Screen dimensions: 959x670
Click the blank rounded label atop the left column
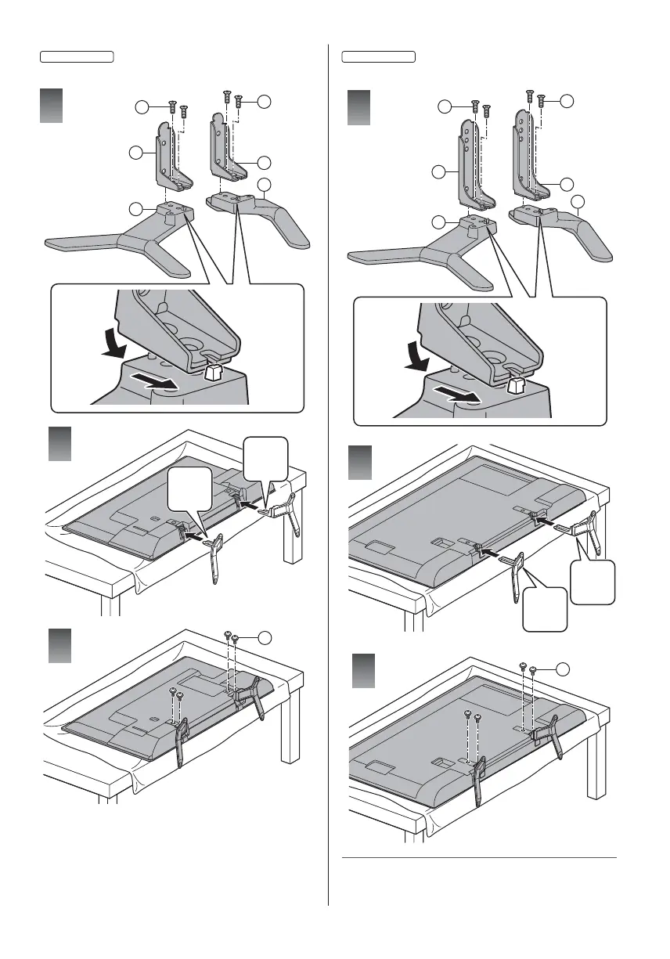[x=77, y=56]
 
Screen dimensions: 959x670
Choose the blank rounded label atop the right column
[x=379, y=56]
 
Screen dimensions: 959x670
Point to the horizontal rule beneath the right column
[x=480, y=856]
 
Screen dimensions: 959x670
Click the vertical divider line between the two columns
[x=328, y=470]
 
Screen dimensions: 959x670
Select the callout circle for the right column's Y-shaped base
[x=440, y=223]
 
